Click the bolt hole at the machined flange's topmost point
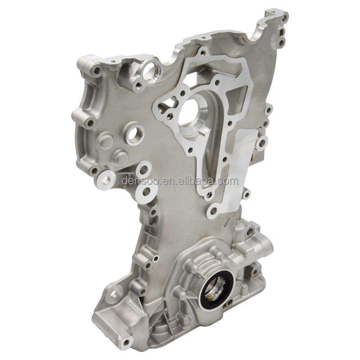pyautogui.click(x=203, y=53)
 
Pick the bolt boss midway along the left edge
pyautogui.click(x=90, y=122)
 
